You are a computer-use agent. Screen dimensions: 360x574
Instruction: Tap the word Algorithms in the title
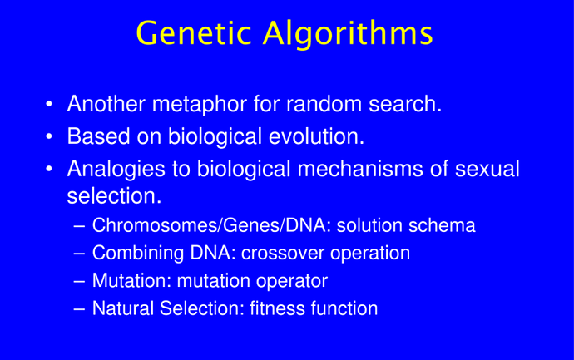pos(348,36)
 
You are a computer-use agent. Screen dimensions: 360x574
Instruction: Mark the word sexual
pos(488,168)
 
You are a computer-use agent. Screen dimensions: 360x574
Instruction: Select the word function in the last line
pos(340,309)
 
